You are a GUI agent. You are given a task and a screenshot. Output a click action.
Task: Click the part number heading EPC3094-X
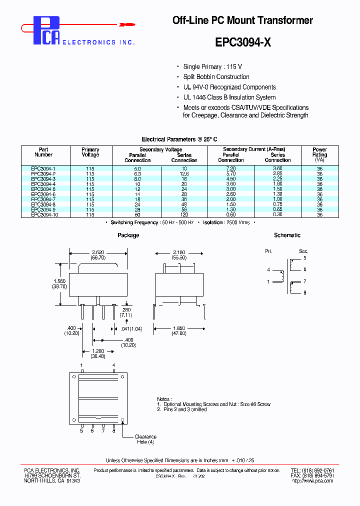tap(243, 43)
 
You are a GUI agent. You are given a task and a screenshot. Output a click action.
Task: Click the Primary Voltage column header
tap(90, 152)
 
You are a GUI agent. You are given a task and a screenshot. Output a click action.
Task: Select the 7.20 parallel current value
tap(231, 169)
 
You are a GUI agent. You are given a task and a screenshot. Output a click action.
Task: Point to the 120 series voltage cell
tap(184, 214)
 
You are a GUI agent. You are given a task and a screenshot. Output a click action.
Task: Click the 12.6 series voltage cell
tap(184, 174)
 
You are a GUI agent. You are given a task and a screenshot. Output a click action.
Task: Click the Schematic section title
tap(287, 235)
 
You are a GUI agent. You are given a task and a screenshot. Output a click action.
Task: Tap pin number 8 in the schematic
tap(304, 292)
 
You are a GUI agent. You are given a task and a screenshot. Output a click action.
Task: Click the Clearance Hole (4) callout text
tap(145, 439)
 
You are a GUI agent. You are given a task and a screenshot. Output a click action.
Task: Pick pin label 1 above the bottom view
tap(82, 365)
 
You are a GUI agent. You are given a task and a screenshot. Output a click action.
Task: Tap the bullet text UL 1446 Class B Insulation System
tap(229, 97)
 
